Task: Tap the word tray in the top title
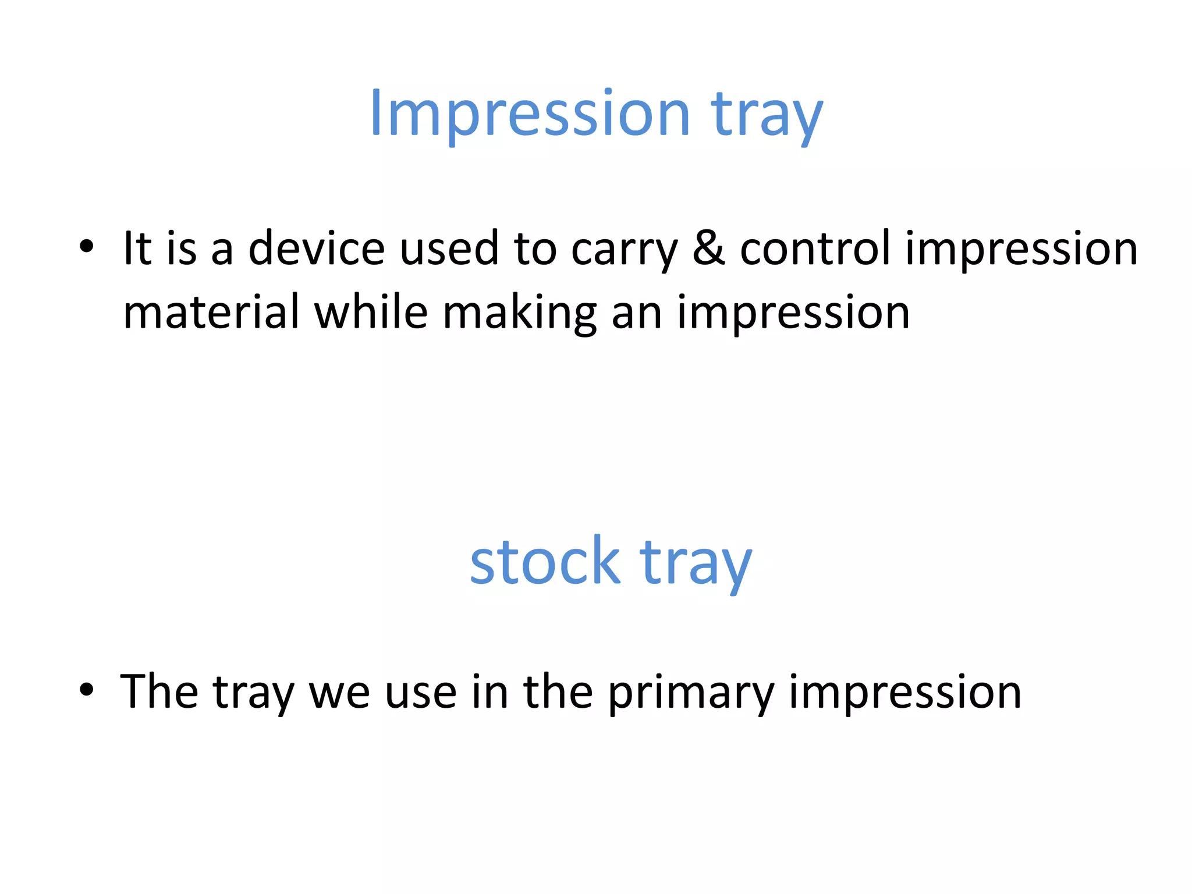[x=767, y=116]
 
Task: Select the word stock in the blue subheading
[x=545, y=562]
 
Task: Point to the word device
[x=317, y=249]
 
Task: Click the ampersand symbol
[x=709, y=249]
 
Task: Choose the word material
[x=211, y=313]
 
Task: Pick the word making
[x=520, y=314]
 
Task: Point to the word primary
[x=691, y=694]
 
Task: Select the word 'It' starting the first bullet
[x=137, y=249]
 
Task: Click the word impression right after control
[x=1021, y=250]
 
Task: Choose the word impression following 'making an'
[x=793, y=314]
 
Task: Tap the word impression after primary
[x=905, y=694]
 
